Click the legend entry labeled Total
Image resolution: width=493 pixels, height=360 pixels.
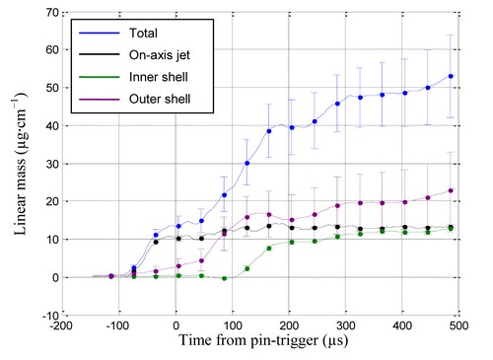pyautogui.click(x=143, y=34)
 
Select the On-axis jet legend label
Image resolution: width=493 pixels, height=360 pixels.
pyautogui.click(x=160, y=55)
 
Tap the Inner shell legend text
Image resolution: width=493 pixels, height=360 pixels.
pyautogui.click(x=159, y=77)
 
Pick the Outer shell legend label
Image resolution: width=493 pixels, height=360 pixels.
pyautogui.click(x=160, y=99)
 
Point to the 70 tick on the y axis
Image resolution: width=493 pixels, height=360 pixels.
pyautogui.click(x=52, y=13)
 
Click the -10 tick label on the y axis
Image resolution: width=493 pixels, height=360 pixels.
pyautogui.click(x=50, y=316)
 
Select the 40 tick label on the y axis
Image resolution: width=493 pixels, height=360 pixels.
pyautogui.click(x=52, y=126)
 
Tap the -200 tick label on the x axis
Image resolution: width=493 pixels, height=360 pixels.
pyautogui.click(x=62, y=325)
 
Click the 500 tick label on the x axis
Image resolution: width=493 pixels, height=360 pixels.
pyautogui.click(x=458, y=325)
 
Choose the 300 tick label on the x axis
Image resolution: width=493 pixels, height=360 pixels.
pyautogui.click(x=346, y=325)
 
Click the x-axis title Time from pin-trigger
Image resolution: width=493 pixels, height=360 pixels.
pyautogui.click(x=248, y=340)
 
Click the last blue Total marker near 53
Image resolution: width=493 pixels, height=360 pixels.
pyautogui.click(x=451, y=76)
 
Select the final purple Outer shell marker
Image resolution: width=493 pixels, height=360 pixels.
pyautogui.click(x=451, y=190)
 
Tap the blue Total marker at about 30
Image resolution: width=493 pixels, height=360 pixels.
pyautogui.click(x=247, y=163)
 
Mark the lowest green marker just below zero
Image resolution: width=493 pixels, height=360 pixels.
pyautogui.click(x=225, y=278)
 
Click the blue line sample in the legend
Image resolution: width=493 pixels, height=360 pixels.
pyautogui.click(x=100, y=34)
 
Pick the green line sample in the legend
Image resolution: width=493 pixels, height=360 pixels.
pyautogui.click(x=100, y=77)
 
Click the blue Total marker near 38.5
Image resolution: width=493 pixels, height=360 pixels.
pyautogui.click(x=269, y=131)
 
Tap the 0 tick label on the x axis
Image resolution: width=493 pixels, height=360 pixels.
pyautogui.click(x=176, y=325)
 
